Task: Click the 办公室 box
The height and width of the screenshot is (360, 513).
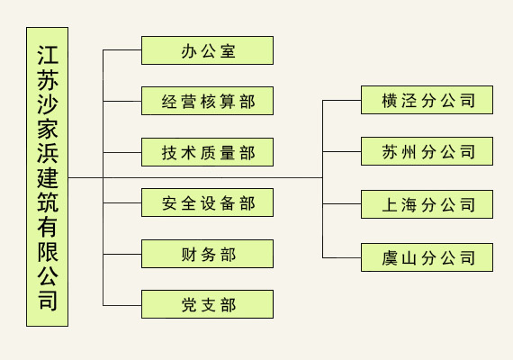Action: tap(207, 50)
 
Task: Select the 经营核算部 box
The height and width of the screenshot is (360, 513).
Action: tap(207, 101)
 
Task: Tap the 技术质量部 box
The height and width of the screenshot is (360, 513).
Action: tap(207, 152)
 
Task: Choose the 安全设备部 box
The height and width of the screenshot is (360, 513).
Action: tap(207, 202)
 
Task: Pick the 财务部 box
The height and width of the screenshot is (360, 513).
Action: tap(207, 254)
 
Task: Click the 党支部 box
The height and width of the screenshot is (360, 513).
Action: tap(207, 304)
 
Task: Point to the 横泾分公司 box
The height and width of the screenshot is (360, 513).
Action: tap(427, 100)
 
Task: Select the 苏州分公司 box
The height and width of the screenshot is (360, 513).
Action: tap(427, 151)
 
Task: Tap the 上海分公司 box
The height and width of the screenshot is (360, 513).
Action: tap(427, 204)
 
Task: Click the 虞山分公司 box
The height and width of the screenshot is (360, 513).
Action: tap(427, 257)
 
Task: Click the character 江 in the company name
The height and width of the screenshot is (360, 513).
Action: tap(48, 55)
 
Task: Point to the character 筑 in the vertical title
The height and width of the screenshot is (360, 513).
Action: tap(48, 202)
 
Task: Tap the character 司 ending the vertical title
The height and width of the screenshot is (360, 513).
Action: tap(48, 301)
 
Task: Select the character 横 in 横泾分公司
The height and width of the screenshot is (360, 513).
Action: tap(390, 101)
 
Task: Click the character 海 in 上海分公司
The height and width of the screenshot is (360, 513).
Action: tap(409, 205)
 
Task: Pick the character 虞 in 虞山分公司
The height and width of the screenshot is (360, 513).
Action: tap(390, 258)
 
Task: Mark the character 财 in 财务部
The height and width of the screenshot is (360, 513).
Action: tap(189, 255)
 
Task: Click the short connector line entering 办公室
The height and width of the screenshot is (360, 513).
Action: tap(122, 50)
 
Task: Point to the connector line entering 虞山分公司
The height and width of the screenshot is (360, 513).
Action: tap(342, 258)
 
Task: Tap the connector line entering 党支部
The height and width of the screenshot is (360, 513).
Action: tap(122, 306)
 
